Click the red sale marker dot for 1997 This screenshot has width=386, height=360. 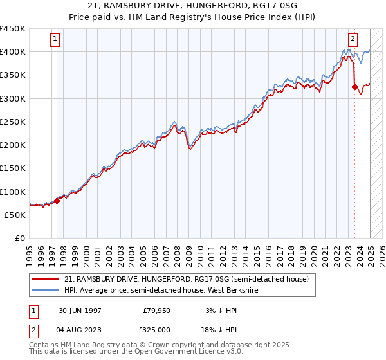(57, 201)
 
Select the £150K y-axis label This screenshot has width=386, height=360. (13, 168)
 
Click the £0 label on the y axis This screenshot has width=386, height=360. (20, 239)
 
